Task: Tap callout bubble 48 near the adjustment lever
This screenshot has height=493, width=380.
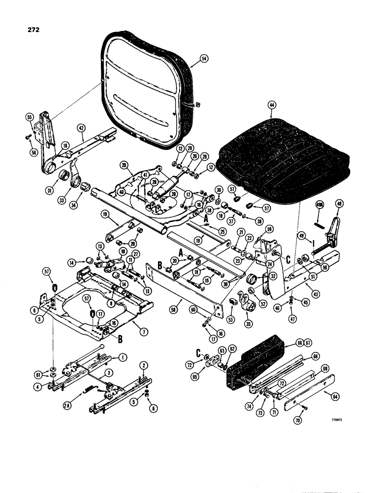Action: pyautogui.click(x=339, y=205)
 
